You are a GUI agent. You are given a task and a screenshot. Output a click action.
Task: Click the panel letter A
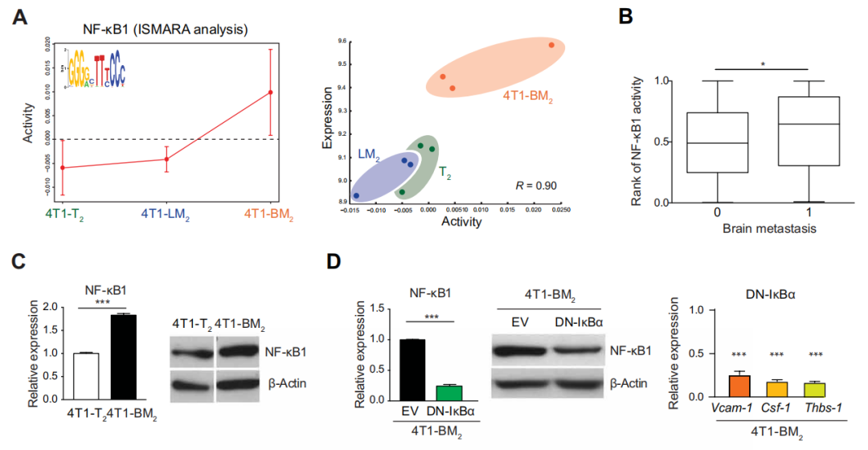click(23, 15)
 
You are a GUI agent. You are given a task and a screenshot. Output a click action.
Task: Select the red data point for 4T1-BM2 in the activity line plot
click(271, 92)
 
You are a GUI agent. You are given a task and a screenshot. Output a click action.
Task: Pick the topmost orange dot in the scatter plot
click(551, 45)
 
